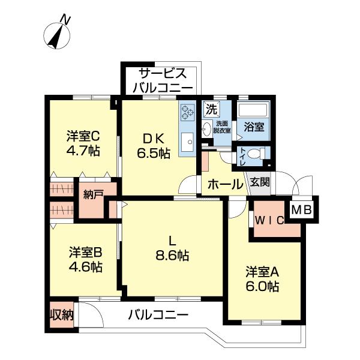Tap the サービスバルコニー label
pyautogui.click(x=162, y=80)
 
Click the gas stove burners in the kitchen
pyautogui.click(x=187, y=112)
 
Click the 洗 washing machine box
pyautogui.click(x=211, y=109)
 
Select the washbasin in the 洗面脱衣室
pyautogui.click(x=206, y=127)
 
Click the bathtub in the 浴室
pyautogui.click(x=253, y=112)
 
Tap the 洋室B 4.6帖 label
pyautogui.click(x=85, y=259)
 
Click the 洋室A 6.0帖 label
pyautogui.click(x=262, y=279)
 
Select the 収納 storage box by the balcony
pyautogui.click(x=61, y=314)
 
